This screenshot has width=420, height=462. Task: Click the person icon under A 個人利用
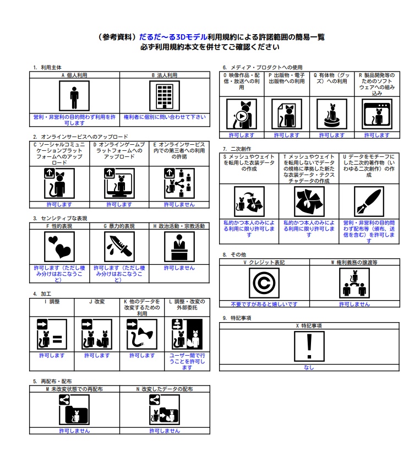[x=74, y=96]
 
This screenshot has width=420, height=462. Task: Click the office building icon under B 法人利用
[x=165, y=96]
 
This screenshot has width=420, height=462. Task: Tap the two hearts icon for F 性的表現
[x=59, y=247]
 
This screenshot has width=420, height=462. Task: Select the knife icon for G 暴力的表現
[x=119, y=247]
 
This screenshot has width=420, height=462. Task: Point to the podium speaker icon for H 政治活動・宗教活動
[x=179, y=247]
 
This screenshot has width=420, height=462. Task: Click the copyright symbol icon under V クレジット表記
[x=264, y=283]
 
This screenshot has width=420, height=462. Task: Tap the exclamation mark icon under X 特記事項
[x=309, y=346]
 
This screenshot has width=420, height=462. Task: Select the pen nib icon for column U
[x=369, y=202]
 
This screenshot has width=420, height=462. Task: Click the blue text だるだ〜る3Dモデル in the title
[x=173, y=37]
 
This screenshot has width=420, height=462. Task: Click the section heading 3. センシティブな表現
[x=60, y=218]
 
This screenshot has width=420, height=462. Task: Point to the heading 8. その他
[x=234, y=254]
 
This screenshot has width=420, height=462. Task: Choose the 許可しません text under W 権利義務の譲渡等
[x=354, y=304]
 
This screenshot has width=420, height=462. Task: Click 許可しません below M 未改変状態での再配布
[x=74, y=431]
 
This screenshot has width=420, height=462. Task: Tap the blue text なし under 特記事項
[x=309, y=367]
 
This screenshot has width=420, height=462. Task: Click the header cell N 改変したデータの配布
[x=165, y=389]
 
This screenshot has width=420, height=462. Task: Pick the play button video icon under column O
[x=242, y=114]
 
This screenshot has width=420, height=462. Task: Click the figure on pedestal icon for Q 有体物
[x=332, y=114]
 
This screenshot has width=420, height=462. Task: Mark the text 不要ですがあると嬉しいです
[x=264, y=304]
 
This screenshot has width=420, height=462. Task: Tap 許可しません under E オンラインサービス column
[x=179, y=204]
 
